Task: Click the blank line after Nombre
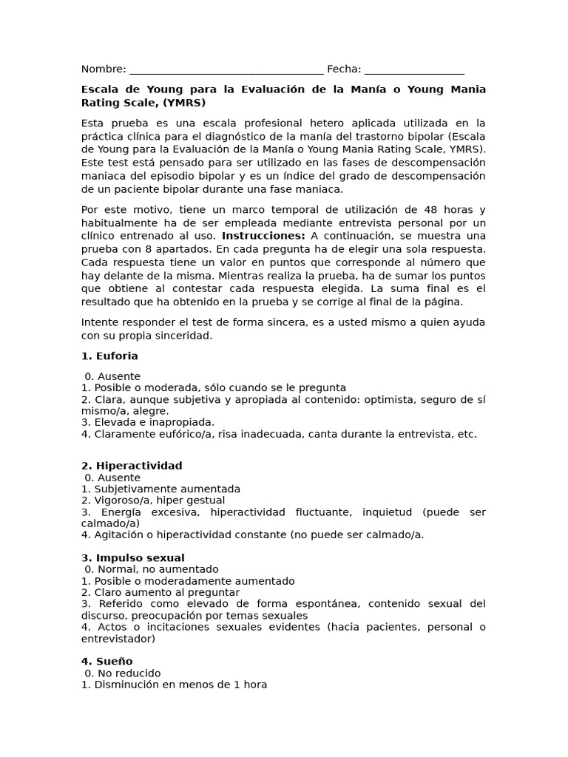[x=226, y=70]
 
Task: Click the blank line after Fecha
[x=414, y=70]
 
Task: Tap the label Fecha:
[x=344, y=69]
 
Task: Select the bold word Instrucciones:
[x=263, y=235]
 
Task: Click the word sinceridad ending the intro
[x=178, y=335]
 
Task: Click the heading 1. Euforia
[x=109, y=356]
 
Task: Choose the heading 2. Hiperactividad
[x=132, y=466]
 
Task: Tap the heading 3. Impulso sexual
[x=133, y=557]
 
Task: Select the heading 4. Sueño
[x=107, y=661]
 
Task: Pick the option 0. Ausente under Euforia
[x=112, y=376]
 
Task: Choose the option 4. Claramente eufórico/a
[x=279, y=434]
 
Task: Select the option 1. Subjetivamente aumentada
[x=160, y=489]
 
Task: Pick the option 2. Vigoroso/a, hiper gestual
[x=153, y=500]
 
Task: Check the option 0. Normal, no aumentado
[x=152, y=569]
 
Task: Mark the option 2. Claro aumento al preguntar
[x=160, y=592]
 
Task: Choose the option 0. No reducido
[x=123, y=673]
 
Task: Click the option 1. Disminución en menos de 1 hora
[x=174, y=685]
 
